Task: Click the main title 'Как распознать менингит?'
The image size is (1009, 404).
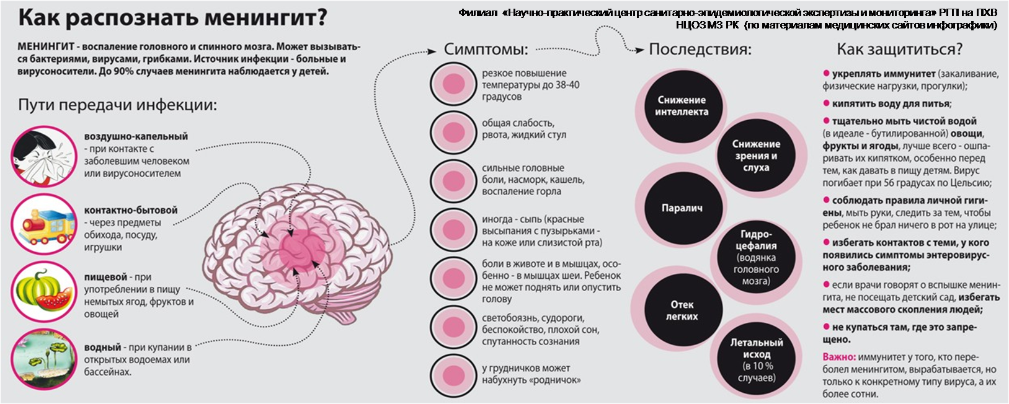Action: coord(172,18)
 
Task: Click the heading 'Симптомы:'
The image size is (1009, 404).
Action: coord(486,50)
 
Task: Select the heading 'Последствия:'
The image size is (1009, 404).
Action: coord(700,50)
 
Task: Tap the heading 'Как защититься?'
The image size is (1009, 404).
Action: coord(900,49)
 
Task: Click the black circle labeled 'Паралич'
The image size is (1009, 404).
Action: coord(682,208)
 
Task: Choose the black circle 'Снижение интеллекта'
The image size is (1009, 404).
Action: coord(682,106)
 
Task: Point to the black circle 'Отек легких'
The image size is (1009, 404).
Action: coord(682,310)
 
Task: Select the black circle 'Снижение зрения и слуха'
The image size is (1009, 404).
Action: coord(756,156)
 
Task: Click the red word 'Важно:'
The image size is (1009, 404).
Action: coord(839,358)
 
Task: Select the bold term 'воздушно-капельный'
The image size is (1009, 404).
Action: coord(136,136)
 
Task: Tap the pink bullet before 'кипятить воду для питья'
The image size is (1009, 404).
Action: coord(826,103)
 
